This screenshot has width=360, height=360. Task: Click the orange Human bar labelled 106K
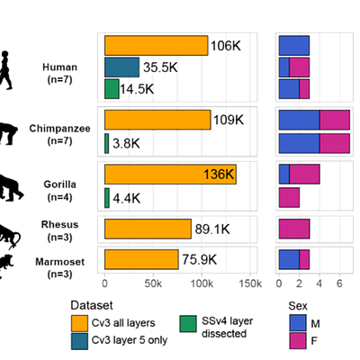tap(157, 46)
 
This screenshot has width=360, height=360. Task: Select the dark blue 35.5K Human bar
tap(122, 67)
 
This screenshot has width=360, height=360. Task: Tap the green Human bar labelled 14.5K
tap(112, 89)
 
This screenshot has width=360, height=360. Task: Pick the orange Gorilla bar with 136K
tap(170, 175)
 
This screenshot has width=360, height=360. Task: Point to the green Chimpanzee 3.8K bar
tap(107, 143)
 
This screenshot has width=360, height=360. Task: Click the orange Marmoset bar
tap(141, 259)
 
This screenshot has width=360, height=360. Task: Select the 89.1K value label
tap(212, 229)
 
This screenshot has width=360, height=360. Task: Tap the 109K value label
tap(229, 120)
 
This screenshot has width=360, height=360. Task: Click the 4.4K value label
tap(127, 198)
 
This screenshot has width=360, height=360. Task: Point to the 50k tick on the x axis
tap(153, 283)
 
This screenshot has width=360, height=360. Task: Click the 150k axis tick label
tap(250, 283)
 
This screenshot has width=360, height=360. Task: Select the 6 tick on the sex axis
tap(339, 283)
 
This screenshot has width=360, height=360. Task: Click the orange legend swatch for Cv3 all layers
tap(79, 323)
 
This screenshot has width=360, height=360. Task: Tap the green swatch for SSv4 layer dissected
tap(188, 324)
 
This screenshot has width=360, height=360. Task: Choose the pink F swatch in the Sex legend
tap(298, 341)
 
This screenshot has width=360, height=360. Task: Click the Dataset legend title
tap(92, 305)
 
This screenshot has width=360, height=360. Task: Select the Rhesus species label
tap(59, 224)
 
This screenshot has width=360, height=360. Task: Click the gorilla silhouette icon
tap(11, 187)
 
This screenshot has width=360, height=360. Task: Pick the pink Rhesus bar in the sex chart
tap(294, 229)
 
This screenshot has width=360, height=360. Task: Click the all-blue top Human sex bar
tap(294, 46)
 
